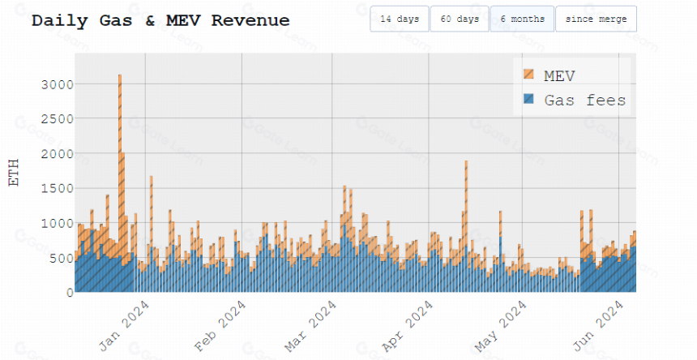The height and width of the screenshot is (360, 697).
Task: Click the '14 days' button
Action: (400, 19)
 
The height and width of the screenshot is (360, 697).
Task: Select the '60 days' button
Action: (460, 19)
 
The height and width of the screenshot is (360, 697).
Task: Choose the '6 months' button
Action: (522, 19)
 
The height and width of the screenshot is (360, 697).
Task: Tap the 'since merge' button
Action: (596, 19)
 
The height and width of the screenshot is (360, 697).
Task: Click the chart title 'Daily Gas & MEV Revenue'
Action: (160, 20)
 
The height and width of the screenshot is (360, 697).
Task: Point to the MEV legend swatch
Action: (528, 75)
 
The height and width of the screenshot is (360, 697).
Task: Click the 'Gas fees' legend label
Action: (585, 100)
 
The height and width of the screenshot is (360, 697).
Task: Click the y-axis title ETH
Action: (14, 173)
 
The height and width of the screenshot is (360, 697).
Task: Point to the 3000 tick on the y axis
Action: (58, 84)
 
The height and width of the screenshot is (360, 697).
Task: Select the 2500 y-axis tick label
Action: (58, 119)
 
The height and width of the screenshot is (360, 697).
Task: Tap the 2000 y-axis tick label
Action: (58, 154)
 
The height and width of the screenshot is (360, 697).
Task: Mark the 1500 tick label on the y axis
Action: (58, 188)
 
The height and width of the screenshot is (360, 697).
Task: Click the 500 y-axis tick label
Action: (62, 258)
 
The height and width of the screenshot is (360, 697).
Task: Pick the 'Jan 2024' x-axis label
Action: (124, 326)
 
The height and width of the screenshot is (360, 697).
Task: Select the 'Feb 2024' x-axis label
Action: (220, 326)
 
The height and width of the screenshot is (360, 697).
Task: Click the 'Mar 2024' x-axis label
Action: (310, 326)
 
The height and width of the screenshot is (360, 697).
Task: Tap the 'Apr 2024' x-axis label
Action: (407, 326)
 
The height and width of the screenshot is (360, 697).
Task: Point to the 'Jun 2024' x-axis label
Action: (598, 326)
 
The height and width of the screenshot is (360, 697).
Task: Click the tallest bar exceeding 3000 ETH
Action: (120, 183)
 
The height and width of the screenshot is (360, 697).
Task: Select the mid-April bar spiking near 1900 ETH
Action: (466, 226)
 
